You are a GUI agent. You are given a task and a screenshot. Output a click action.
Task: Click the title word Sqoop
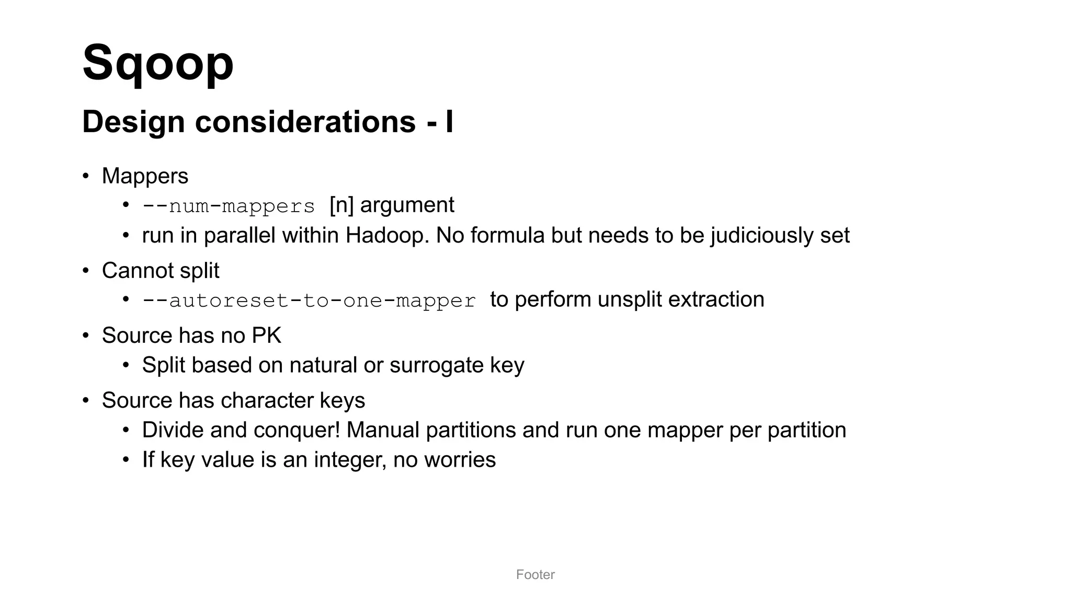pos(158,63)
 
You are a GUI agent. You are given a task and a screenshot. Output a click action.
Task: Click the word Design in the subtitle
pos(133,122)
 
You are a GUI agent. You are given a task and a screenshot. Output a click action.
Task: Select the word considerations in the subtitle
pos(305,122)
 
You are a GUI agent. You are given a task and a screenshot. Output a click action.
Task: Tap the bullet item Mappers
pos(145,176)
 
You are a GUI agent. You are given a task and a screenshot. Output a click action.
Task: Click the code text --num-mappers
pos(229,206)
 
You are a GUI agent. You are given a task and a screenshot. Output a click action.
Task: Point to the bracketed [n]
pos(341,205)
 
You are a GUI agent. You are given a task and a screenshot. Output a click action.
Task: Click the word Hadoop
pos(387,236)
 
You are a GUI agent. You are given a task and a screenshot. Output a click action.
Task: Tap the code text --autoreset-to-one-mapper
pos(309,300)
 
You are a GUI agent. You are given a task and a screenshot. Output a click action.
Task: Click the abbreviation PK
pos(267,335)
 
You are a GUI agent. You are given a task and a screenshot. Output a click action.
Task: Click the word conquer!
pos(297,430)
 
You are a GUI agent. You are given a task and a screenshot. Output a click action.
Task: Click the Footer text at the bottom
pos(535,575)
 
